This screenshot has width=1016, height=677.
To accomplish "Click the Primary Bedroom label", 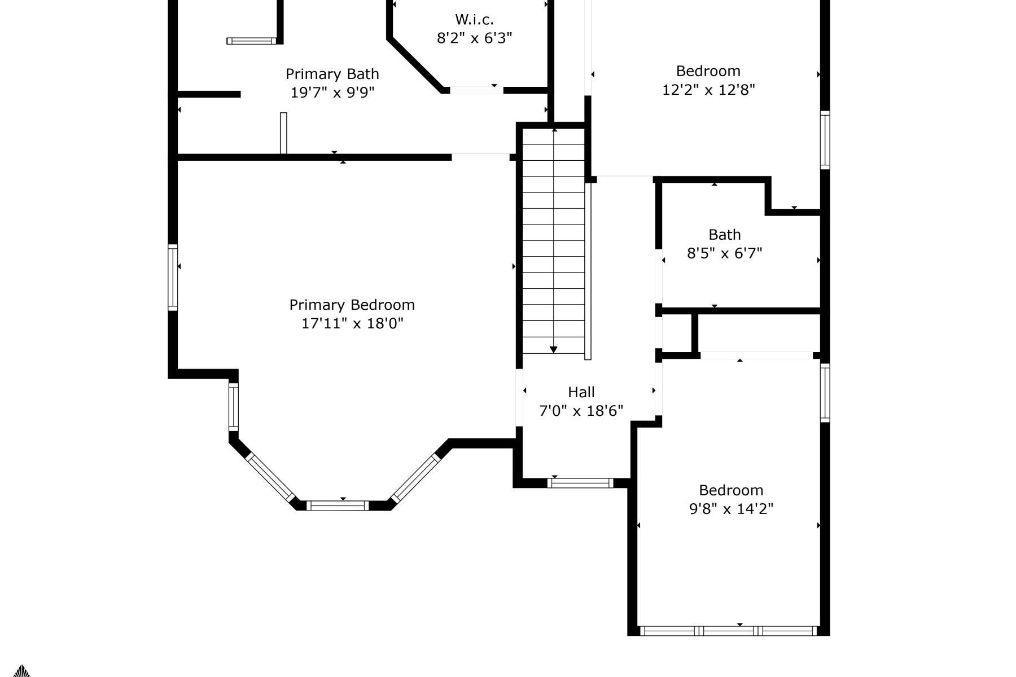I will tap(352, 305).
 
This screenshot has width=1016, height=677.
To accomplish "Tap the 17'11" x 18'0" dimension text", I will tap(352, 323).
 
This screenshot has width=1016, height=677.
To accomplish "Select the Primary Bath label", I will tap(332, 74).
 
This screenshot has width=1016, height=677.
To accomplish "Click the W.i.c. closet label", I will tap(474, 20).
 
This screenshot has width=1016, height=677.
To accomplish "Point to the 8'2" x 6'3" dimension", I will tap(474, 38).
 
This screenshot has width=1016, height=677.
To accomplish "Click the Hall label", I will tap(581, 392).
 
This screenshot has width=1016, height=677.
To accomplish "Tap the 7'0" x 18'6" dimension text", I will tap(581, 411).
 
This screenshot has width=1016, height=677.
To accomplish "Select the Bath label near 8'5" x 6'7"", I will tap(724, 235).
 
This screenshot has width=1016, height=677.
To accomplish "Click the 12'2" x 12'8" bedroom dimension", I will tap(708, 90).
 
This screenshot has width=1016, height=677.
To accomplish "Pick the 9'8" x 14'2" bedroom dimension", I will tap(730, 509).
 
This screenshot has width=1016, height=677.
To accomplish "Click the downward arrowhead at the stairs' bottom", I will tap(553, 350).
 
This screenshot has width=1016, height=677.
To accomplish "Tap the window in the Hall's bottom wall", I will tap(580, 483).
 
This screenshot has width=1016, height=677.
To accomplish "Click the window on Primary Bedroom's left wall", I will tap(173, 277).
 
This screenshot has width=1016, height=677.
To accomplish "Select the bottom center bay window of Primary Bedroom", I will tap(337, 505).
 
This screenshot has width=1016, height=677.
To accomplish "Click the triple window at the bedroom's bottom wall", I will tap(728, 631).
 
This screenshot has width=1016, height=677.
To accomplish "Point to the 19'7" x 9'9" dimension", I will tap(332, 93).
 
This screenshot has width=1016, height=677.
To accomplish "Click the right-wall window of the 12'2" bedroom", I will tap(825, 140).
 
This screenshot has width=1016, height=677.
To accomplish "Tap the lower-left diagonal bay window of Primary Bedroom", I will tap(270, 477).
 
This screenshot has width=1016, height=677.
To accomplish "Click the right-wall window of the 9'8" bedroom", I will tap(825, 392).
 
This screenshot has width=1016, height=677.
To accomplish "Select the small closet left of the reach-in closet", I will tap(676, 333).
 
